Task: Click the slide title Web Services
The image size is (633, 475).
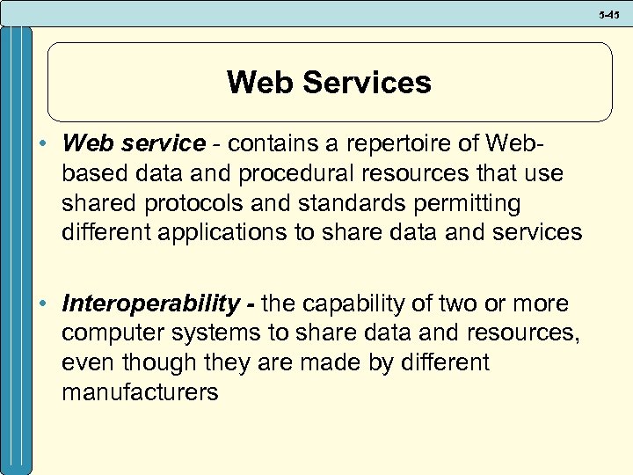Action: [329, 83]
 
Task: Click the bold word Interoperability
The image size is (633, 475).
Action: [150, 304]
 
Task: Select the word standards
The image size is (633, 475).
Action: [343, 203]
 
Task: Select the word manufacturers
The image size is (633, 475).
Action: [140, 392]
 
